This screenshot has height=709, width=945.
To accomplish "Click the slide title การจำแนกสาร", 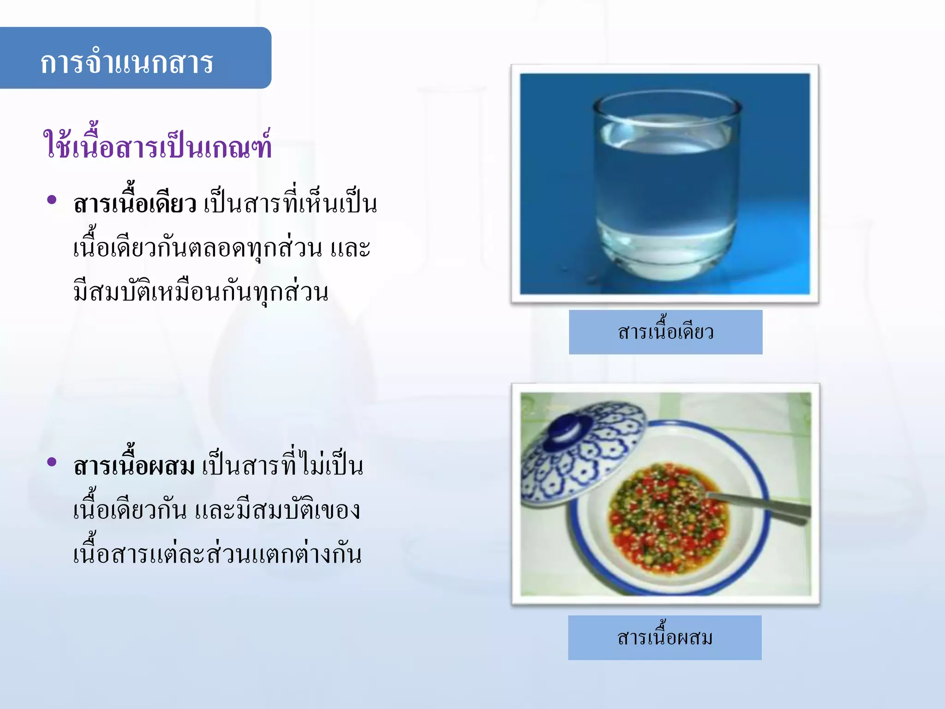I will [127, 62].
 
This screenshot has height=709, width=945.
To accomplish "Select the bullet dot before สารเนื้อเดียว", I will [52, 200].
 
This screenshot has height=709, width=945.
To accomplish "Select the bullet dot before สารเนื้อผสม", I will [52, 462].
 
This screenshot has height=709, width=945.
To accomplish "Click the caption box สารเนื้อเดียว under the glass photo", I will [665, 332].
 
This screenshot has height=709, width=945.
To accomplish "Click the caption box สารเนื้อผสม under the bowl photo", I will [664, 638].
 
